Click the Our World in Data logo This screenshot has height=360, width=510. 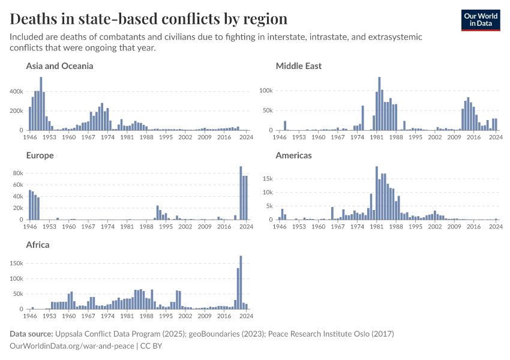pos(480,20)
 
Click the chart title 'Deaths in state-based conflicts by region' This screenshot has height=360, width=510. pos(149,19)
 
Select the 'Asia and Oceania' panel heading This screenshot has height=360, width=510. pos(59,66)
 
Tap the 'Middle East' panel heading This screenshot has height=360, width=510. pos(298,66)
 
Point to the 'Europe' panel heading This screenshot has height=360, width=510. pos(40,155)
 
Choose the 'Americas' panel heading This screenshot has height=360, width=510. pos(293,155)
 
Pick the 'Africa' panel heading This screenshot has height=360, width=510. pos(38,245)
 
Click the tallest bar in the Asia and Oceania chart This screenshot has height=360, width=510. pos(41,104)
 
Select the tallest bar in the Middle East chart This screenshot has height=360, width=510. pos(379,104)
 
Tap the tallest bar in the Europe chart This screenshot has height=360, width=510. pos(241,193)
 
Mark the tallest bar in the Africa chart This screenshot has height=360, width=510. pos(241,283)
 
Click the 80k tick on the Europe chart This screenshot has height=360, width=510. pos(18,173)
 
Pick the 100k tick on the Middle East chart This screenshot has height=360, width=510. pos(265,91)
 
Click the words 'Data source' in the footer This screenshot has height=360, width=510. pos(31,334)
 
